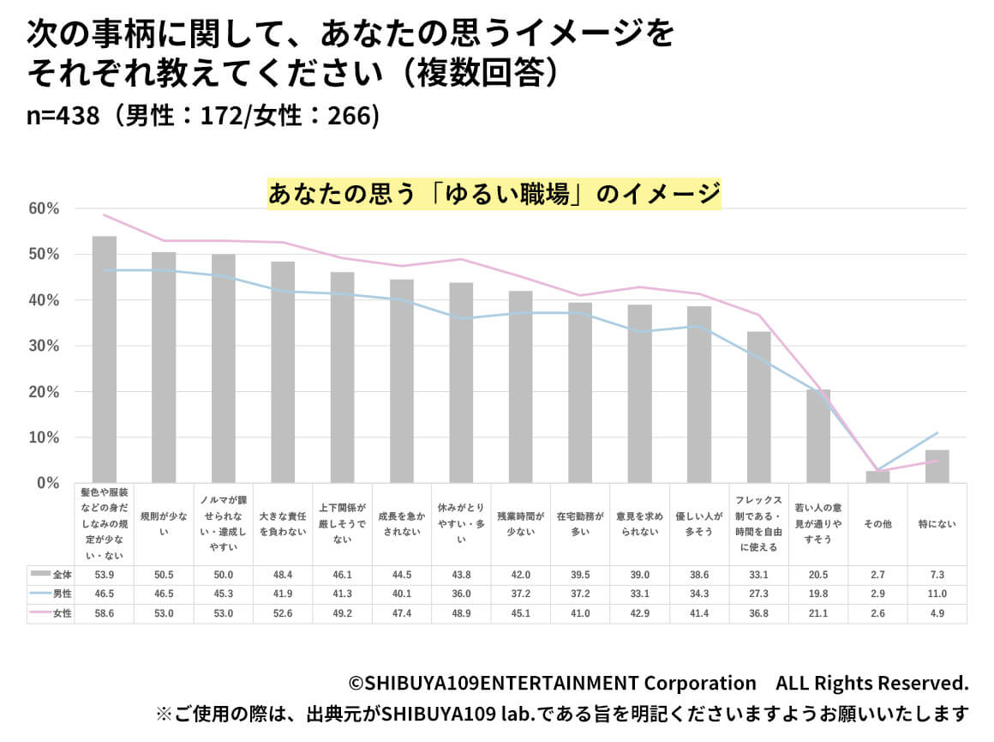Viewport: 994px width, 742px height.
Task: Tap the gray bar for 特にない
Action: pyautogui.click(x=937, y=467)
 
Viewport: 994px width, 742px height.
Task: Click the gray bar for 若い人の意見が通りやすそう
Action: pyautogui.click(x=818, y=436)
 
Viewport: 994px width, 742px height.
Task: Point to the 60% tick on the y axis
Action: pyautogui.click(x=44, y=208)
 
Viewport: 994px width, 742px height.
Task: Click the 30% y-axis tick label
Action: pyautogui.click(x=44, y=346)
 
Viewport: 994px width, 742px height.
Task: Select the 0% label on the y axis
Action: pyautogui.click(x=48, y=483)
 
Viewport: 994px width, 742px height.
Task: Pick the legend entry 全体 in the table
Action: pyautogui.click(x=51, y=573)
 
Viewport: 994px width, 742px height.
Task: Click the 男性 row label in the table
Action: pyautogui.click(x=51, y=594)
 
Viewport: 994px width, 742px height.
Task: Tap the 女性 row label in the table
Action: pyautogui.click(x=51, y=614)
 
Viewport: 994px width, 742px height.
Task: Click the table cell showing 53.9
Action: pyautogui.click(x=105, y=573)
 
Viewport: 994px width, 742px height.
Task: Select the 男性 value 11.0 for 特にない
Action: pyautogui.click(x=937, y=594)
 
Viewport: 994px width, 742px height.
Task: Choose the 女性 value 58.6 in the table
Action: pyautogui.click(x=105, y=614)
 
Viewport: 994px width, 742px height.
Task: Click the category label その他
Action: pyautogui.click(x=877, y=523)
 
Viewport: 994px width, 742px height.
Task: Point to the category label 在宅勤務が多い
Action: pyautogui.click(x=580, y=523)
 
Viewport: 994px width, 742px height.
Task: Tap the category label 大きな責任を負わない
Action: pyautogui.click(x=283, y=523)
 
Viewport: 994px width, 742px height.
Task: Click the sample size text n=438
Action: pyautogui.click(x=60, y=116)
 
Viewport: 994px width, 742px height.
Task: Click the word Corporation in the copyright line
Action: pyautogui.click(x=700, y=683)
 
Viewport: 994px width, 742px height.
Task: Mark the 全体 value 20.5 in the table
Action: pyautogui.click(x=818, y=573)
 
